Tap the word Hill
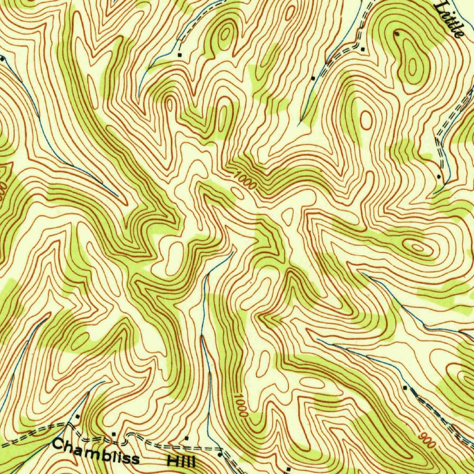pyautogui.click(x=181, y=461)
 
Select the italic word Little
pyautogui.click(x=450, y=19)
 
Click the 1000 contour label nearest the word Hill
pyautogui.click(x=241, y=405)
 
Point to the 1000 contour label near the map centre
pyautogui.click(x=245, y=180)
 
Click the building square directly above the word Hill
pyautogui.click(x=187, y=437)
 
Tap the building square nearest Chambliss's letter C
pyautogui.click(x=77, y=417)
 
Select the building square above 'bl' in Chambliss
pyautogui.click(x=114, y=434)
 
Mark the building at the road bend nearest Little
pyautogui.click(x=362, y=49)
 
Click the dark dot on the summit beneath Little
pyautogui.click(x=398, y=33)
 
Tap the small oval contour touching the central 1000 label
pyautogui.click(x=236, y=191)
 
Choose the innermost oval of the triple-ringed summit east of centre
pyautogui.click(x=418, y=248)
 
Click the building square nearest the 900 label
pyautogui.click(x=405, y=387)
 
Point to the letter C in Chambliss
pyautogui.click(x=58, y=444)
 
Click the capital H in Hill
pyautogui.click(x=171, y=461)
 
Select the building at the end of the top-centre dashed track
pyautogui.click(x=179, y=55)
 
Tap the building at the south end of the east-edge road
pyautogui.click(x=438, y=176)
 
